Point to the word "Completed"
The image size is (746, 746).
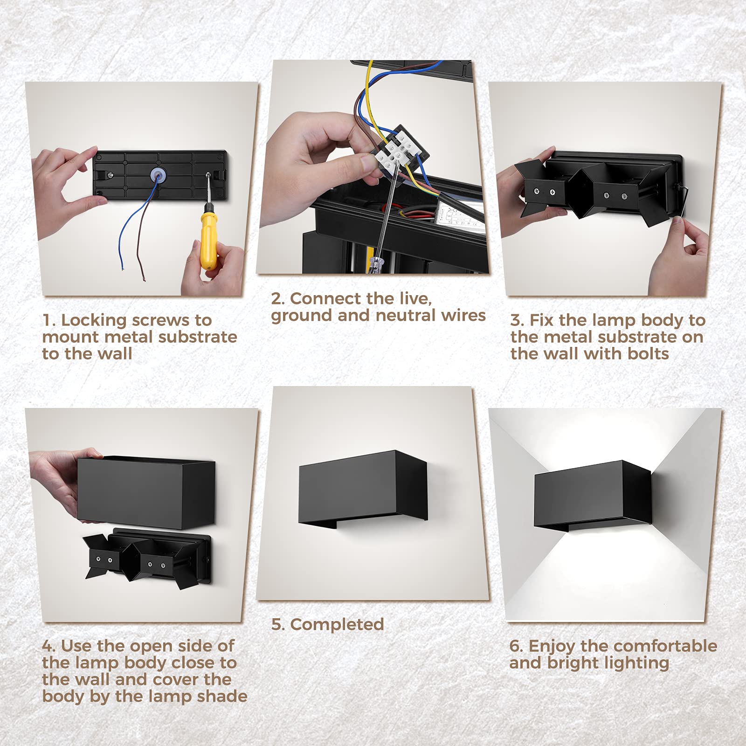(337, 624)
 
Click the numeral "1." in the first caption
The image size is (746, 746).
(48, 320)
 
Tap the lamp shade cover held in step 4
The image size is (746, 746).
(146, 492)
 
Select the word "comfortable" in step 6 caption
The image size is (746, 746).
(649, 646)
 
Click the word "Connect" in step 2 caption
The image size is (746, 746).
(325, 298)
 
